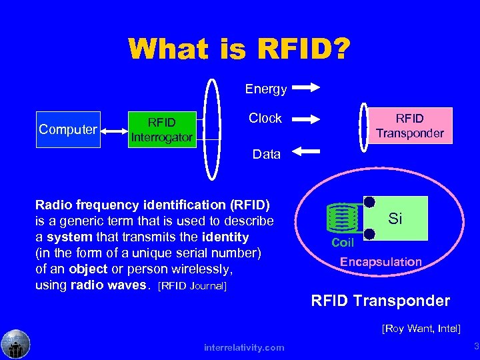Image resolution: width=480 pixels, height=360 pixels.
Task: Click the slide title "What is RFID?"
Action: tap(239, 49)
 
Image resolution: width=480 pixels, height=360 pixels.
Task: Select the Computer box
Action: tap(68, 129)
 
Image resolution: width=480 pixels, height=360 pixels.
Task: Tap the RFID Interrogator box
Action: tap(161, 130)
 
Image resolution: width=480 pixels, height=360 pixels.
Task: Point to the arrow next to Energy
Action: tap(307, 87)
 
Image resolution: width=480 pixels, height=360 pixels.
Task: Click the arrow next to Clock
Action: tap(307, 119)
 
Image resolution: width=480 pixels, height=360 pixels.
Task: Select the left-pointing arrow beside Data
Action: tap(306, 152)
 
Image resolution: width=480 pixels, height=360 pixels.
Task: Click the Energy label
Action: tap(265, 89)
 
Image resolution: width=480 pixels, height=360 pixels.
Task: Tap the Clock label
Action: tap(265, 119)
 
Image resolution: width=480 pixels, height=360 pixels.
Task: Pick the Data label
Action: tap(266, 154)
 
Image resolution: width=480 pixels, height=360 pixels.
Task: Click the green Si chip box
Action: tap(397, 218)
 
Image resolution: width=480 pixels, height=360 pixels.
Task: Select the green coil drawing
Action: tap(343, 217)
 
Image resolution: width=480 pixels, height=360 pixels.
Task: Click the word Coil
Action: tap(343, 243)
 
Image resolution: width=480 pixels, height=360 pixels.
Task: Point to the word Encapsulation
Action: tap(381, 262)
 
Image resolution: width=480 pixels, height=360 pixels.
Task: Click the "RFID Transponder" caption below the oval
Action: tap(380, 301)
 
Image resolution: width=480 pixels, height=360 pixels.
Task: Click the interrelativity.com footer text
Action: tap(244, 347)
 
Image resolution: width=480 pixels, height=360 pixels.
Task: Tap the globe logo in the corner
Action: tap(15, 344)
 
